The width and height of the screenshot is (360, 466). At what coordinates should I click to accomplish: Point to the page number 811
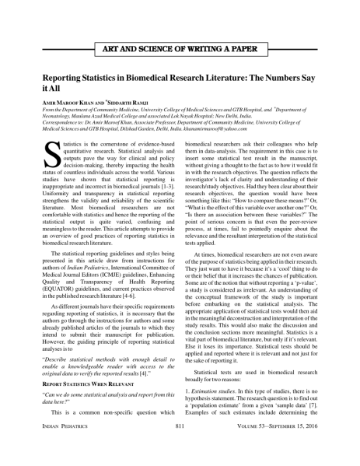[x=180, y=450]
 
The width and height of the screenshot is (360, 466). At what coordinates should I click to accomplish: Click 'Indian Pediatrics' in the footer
[x=63, y=450]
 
